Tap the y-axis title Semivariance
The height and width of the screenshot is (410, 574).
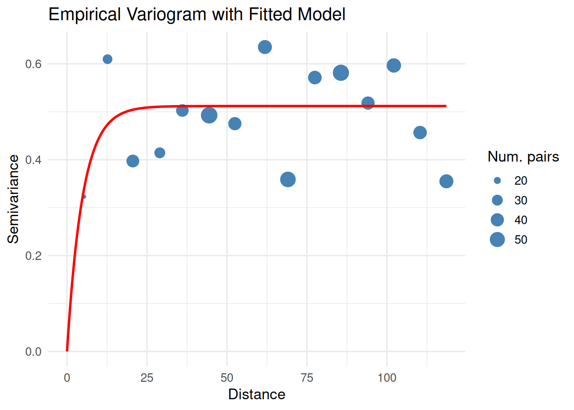click(13, 199)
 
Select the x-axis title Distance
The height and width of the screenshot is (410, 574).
click(257, 394)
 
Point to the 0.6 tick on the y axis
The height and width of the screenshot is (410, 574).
click(33, 64)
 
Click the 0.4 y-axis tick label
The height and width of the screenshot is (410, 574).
click(33, 160)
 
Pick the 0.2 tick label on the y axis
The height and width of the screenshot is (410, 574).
click(33, 256)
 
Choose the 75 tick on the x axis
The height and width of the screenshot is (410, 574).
click(307, 378)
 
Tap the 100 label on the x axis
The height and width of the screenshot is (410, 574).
click(387, 378)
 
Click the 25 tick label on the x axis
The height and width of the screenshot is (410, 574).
click(147, 378)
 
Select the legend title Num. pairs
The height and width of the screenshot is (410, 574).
click(523, 157)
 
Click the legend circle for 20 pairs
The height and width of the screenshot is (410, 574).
click(497, 181)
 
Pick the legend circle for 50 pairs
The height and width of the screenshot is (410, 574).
click(497, 240)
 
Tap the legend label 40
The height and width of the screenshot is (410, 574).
click(521, 220)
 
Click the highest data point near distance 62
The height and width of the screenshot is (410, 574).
click(265, 47)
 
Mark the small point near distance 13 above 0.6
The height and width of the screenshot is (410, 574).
click(108, 59)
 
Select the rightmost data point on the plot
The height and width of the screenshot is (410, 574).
click(446, 182)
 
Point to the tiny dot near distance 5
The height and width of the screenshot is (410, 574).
click(84, 197)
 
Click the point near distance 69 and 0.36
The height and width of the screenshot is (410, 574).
click(288, 180)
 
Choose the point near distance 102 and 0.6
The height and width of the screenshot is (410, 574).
click(394, 66)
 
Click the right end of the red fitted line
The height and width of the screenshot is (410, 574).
click(445, 106)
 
